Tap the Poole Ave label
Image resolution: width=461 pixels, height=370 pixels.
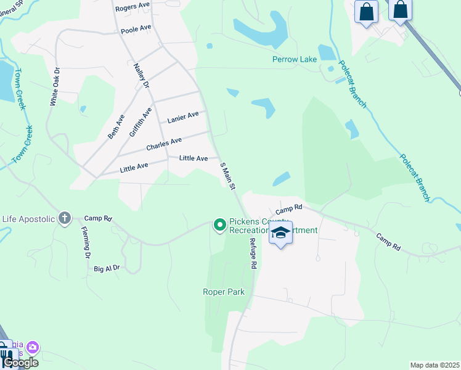pos(136,29)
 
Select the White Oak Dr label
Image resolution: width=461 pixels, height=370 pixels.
pos(54,86)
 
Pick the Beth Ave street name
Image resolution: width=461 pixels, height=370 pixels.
pos(116,126)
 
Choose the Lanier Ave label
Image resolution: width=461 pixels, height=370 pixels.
pos(183,117)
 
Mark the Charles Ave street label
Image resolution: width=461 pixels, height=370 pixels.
pos(163,145)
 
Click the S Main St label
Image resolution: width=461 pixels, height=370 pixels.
pos(228,175)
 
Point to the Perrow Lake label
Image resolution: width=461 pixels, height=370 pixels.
pos(294,60)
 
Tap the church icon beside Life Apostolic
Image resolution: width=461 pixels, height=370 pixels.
pos(65,218)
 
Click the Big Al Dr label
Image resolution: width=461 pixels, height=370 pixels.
pos(107,268)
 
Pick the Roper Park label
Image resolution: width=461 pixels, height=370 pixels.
pos(224,292)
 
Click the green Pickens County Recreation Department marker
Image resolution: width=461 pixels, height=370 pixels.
pos(219,226)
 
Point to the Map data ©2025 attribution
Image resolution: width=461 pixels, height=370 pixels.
pos(434,365)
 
